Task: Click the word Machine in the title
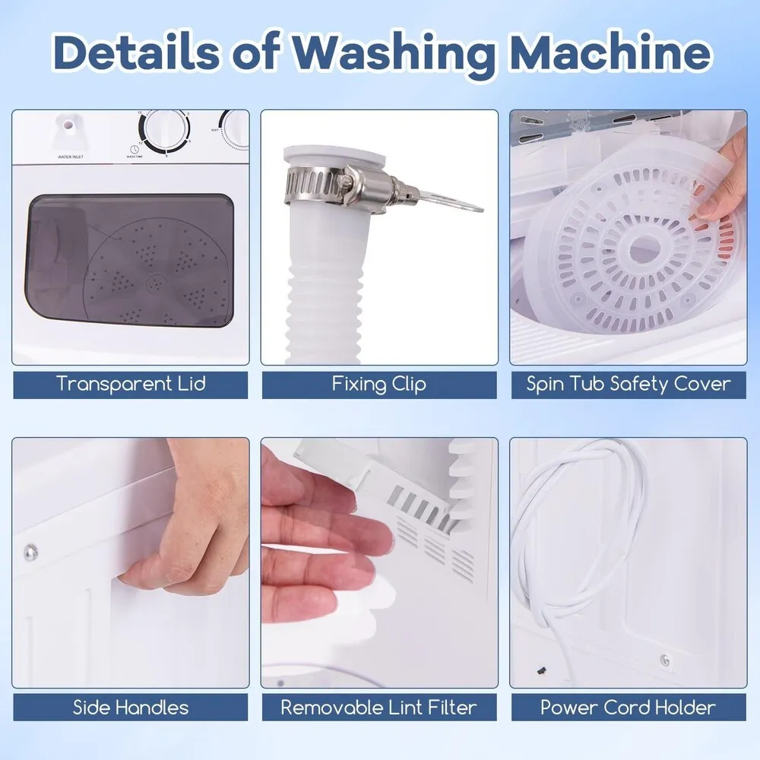[611, 52]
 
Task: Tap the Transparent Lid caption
[131, 384]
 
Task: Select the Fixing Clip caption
[379, 385]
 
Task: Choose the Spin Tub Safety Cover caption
[629, 384]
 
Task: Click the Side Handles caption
[131, 708]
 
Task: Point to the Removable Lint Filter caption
[379, 708]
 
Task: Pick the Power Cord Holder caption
[629, 708]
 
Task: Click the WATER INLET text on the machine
[71, 157]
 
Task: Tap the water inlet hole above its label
[69, 125]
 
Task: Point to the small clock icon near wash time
[135, 149]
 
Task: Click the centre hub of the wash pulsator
[156, 282]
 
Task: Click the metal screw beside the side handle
[31, 551]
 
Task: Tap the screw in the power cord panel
[666, 660]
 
